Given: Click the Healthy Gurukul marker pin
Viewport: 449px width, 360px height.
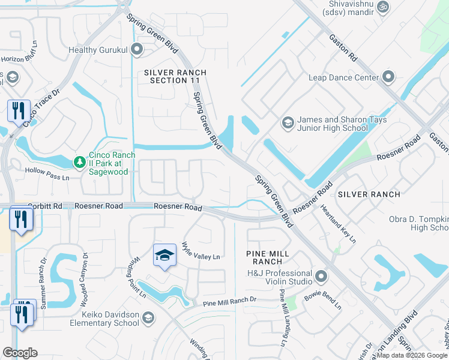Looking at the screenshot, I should tap(137, 50).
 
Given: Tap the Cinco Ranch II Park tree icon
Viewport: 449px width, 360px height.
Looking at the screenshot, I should tap(79, 162).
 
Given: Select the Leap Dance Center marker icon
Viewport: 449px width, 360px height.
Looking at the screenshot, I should tap(388, 77).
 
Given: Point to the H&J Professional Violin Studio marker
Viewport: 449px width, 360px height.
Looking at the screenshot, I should tap(321, 277).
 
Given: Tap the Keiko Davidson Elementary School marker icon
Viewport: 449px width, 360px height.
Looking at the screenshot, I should tap(148, 318).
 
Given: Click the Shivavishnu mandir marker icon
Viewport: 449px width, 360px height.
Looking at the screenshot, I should tap(384, 7).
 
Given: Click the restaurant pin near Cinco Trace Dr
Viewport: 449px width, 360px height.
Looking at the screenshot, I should tap(19, 111).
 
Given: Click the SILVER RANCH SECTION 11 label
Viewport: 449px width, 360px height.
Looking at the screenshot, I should tap(175, 76).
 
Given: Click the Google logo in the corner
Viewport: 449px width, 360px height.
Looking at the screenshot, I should tap(20, 353).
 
